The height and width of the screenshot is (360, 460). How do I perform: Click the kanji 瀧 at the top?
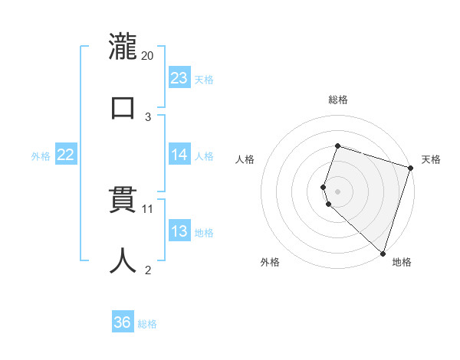tap(123, 47)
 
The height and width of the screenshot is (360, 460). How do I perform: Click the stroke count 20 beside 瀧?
tap(148, 56)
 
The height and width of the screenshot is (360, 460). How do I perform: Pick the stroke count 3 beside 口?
tap(148, 116)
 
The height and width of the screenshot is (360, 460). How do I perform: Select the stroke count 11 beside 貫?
tap(149, 208)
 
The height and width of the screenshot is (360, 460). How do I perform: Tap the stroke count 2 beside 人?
tap(148, 269)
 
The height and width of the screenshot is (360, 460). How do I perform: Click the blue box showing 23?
tap(179, 78)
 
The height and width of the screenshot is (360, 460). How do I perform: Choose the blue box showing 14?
tap(179, 155)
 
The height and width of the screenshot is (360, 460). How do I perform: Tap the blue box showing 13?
tap(179, 231)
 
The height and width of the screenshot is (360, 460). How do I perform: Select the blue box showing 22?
tap(66, 155)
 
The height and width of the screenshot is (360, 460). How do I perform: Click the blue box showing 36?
tap(123, 322)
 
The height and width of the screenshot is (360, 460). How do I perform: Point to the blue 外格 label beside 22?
tap(41, 155)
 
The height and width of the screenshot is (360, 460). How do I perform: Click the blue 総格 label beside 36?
tap(147, 324)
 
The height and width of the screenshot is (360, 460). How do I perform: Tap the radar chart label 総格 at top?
tap(337, 100)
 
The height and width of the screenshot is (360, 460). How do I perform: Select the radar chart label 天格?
tap(431, 159)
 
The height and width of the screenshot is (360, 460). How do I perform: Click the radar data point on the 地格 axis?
tap(383, 254)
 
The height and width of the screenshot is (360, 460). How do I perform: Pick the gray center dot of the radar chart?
tap(337, 191)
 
